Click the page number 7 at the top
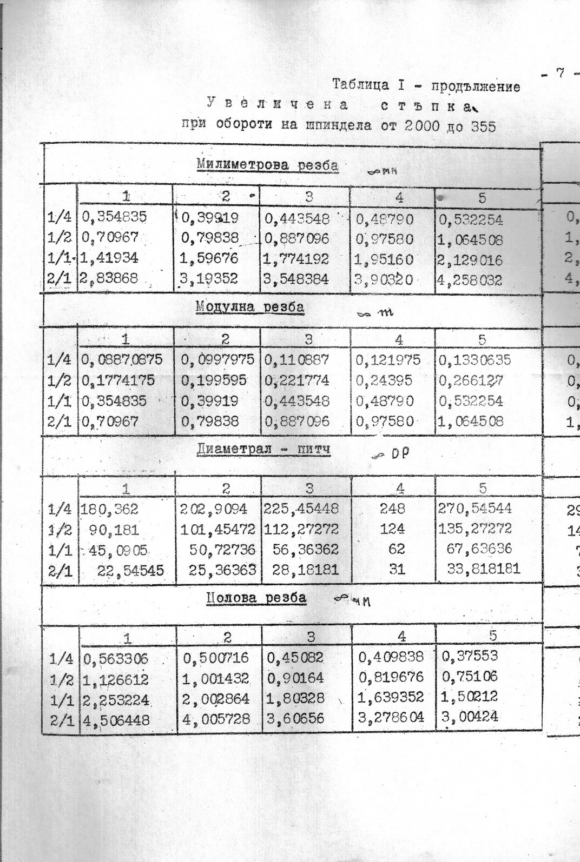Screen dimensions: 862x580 561,73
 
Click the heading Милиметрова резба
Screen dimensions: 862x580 268,165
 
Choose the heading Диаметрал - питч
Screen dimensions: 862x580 263,450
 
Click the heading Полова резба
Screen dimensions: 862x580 256,598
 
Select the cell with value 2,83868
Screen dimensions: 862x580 109,279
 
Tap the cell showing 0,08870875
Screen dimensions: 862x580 122,360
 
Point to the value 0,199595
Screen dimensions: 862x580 214,380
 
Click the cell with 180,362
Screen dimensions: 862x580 110,509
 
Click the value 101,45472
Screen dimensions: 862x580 218,529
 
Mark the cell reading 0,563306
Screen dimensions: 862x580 115,659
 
